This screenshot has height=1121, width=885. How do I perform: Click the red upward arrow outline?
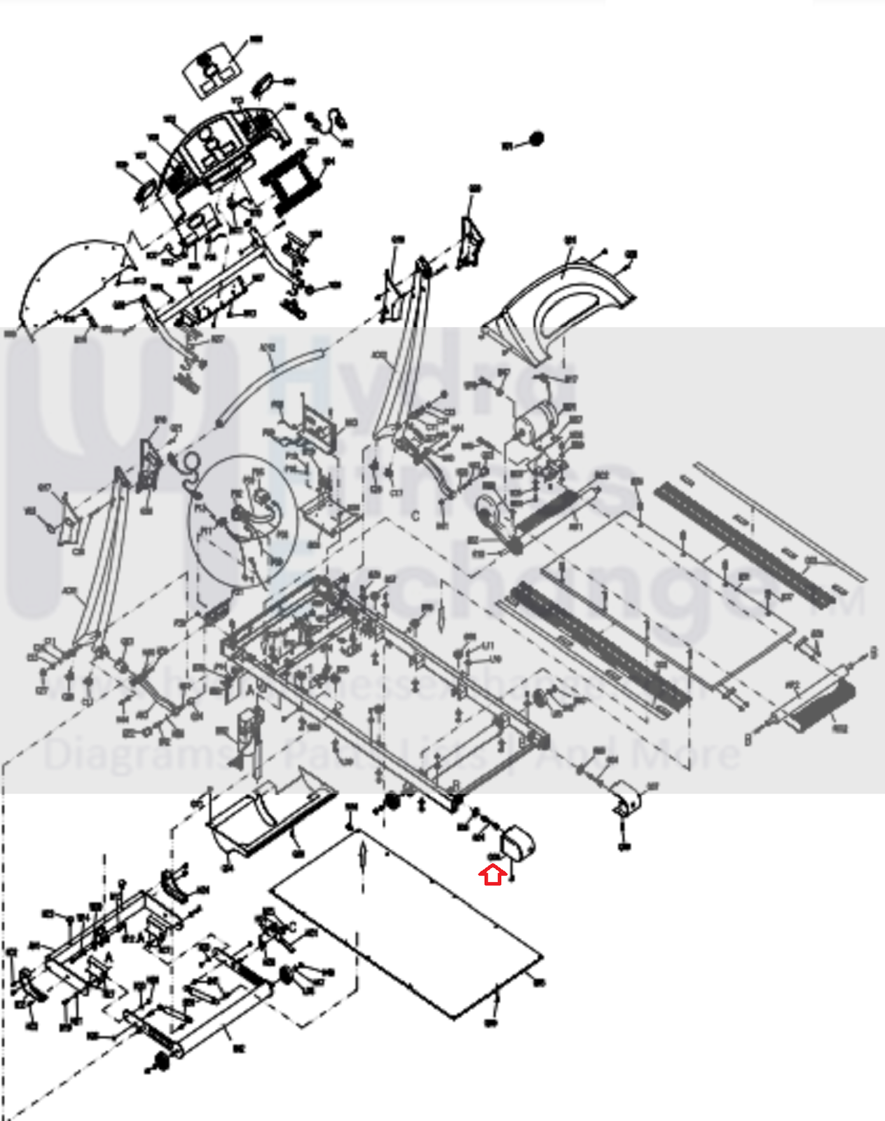pos(494,875)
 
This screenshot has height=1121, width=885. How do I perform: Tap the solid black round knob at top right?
pos(536,139)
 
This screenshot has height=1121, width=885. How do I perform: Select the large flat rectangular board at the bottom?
pos(406,922)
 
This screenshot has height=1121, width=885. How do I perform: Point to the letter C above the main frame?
pos(416,516)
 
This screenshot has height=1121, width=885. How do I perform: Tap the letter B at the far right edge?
pos(873,654)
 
